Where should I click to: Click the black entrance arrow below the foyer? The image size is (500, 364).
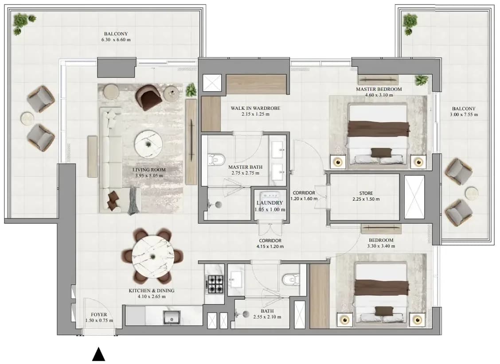98,354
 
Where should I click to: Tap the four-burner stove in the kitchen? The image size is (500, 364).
215,284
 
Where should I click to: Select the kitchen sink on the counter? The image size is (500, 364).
172,317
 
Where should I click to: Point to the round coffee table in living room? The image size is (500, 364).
148,144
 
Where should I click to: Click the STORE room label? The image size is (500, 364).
366,194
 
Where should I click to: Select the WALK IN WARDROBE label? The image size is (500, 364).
255,108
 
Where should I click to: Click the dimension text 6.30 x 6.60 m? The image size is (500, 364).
116,40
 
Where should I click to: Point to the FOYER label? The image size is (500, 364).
99,315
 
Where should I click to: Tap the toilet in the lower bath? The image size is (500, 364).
291,279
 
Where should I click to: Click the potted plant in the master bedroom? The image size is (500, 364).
422,80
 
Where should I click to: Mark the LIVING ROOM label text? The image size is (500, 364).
149,170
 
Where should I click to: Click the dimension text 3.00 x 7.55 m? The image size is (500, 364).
464,115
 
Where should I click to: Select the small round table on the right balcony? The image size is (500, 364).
471,193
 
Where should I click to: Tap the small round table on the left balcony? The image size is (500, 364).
27,119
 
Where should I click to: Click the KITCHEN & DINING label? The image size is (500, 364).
152,290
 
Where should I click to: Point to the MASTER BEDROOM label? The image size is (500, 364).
379,89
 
